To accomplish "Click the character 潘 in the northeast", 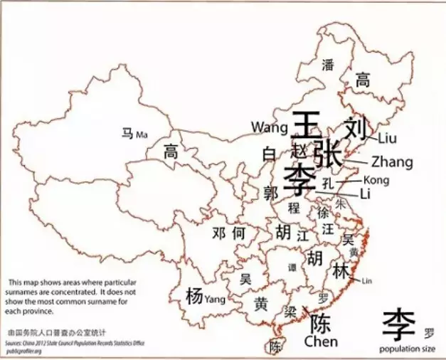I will pos(328,65).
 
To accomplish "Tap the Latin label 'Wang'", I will pos(267,127).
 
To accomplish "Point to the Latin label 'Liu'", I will pos(388,137).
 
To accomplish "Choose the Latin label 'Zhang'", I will pos(392,162).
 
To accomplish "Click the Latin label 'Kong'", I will pos(376,181).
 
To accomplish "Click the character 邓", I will pos(220,233).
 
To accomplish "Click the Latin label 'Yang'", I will pos(215,300).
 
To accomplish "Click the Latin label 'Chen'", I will pos(321,342).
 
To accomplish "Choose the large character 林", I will pos(341,271).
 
